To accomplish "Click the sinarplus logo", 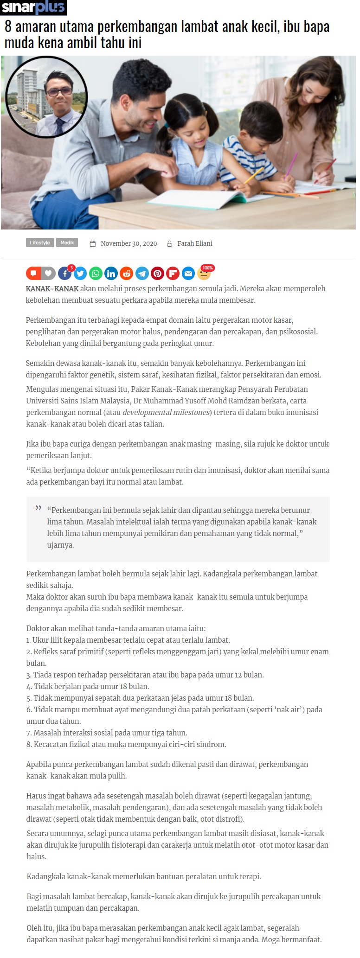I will click(33, 7).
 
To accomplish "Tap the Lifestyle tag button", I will click(40, 243).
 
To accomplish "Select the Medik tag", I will click(67, 243).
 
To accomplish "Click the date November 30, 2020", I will click(129, 243).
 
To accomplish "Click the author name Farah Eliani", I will click(194, 243).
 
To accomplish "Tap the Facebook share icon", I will click(65, 274).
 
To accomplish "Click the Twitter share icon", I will click(80, 274).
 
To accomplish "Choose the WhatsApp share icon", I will click(96, 274).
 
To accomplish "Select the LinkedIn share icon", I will click(111, 274).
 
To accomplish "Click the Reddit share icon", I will click(126, 274).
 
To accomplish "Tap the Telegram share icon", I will click(142, 274).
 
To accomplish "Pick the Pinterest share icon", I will click(157, 274).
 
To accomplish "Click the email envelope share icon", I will click(188, 274).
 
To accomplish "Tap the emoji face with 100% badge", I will click(204, 273).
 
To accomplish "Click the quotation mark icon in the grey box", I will click(39, 509).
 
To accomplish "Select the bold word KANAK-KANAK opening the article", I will click(52, 288).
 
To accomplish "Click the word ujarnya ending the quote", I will click(60, 545).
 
